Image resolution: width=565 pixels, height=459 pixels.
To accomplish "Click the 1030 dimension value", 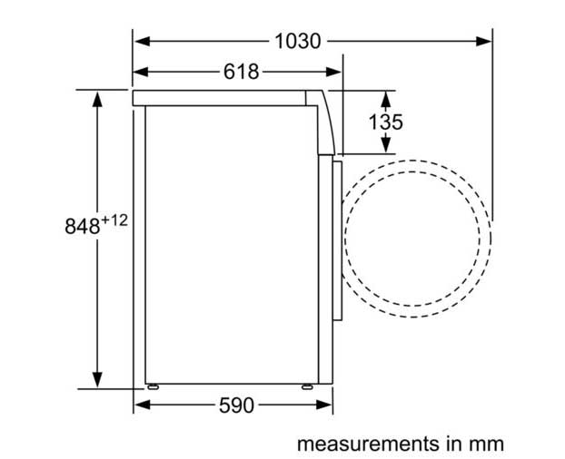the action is click(x=297, y=41).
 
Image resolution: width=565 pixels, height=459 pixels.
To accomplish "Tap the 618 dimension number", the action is click(x=241, y=72).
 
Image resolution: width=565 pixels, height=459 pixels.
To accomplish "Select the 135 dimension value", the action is click(x=385, y=122).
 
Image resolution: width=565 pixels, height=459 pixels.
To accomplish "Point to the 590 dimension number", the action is click(x=236, y=405).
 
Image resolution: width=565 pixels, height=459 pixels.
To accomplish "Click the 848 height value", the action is click(x=82, y=226).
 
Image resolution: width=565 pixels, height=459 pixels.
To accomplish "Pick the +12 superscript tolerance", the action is click(x=114, y=220).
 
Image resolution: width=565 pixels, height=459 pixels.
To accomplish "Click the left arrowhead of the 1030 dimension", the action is click(x=143, y=41).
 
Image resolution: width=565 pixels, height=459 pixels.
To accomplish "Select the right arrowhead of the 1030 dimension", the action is click(x=483, y=41).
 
